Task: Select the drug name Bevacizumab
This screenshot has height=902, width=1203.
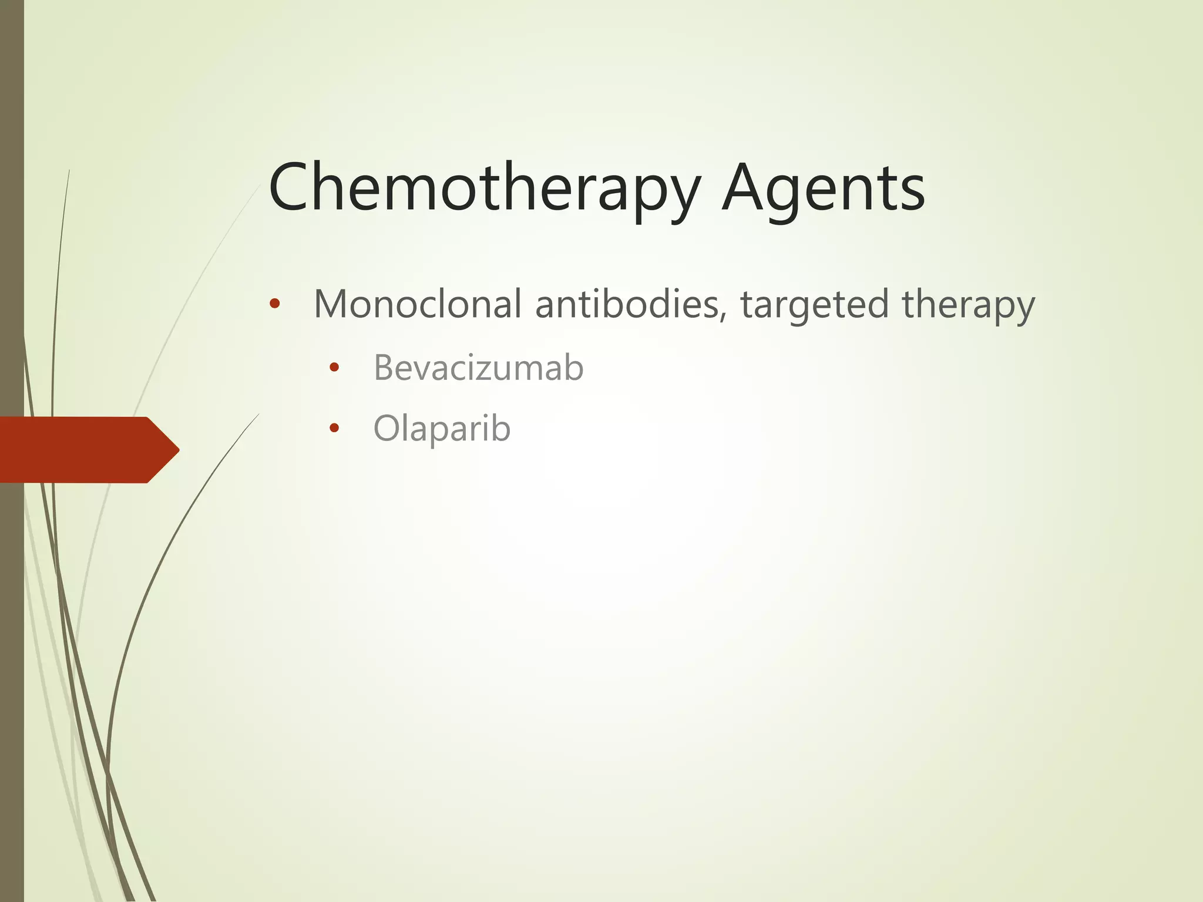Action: point(478,368)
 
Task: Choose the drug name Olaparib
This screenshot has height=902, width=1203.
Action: point(442,428)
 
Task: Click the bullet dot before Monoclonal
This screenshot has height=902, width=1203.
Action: point(274,304)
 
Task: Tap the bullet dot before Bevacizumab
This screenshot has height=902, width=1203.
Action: point(334,368)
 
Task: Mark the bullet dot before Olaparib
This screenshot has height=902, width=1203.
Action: point(334,428)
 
